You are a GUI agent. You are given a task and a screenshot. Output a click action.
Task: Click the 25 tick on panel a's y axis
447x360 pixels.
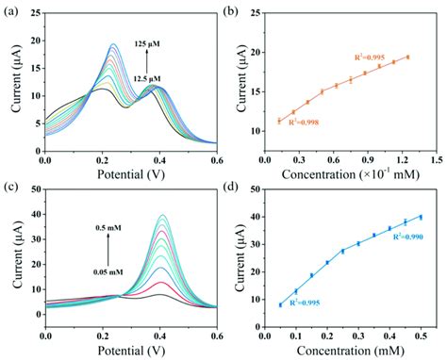29,17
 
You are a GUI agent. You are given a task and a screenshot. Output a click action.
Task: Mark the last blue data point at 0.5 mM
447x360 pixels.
421,217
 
